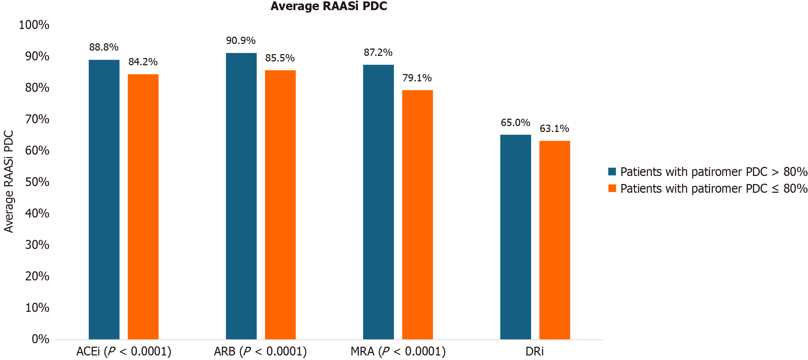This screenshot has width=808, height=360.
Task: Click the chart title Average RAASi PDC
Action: click(x=329, y=6)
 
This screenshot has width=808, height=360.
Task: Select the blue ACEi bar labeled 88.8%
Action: click(x=104, y=199)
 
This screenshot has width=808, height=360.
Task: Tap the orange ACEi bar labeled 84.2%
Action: click(x=143, y=206)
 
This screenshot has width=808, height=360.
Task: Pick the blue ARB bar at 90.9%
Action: click(x=241, y=196)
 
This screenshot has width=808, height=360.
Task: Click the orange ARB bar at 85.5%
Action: click(x=280, y=204)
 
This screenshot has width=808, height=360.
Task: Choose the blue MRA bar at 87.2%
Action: click(x=379, y=202)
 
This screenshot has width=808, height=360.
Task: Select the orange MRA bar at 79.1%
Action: click(x=418, y=214)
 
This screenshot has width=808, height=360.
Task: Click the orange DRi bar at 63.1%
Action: click(x=555, y=240)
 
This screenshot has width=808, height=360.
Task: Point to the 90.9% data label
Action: click(x=241, y=41)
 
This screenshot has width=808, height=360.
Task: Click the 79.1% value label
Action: click(x=417, y=78)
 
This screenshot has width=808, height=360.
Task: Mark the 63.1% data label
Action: click(x=554, y=129)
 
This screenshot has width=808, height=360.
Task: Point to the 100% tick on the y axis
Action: click(x=34, y=25)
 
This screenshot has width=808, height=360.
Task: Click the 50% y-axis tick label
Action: click(x=37, y=182)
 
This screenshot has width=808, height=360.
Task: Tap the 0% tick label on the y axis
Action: click(x=40, y=339)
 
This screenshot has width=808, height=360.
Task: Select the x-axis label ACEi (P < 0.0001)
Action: click(x=124, y=352)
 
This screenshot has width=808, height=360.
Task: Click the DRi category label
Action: click(x=535, y=352)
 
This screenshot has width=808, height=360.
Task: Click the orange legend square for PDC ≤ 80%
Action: click(x=612, y=189)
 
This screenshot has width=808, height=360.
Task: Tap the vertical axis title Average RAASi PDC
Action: click(x=9, y=182)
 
